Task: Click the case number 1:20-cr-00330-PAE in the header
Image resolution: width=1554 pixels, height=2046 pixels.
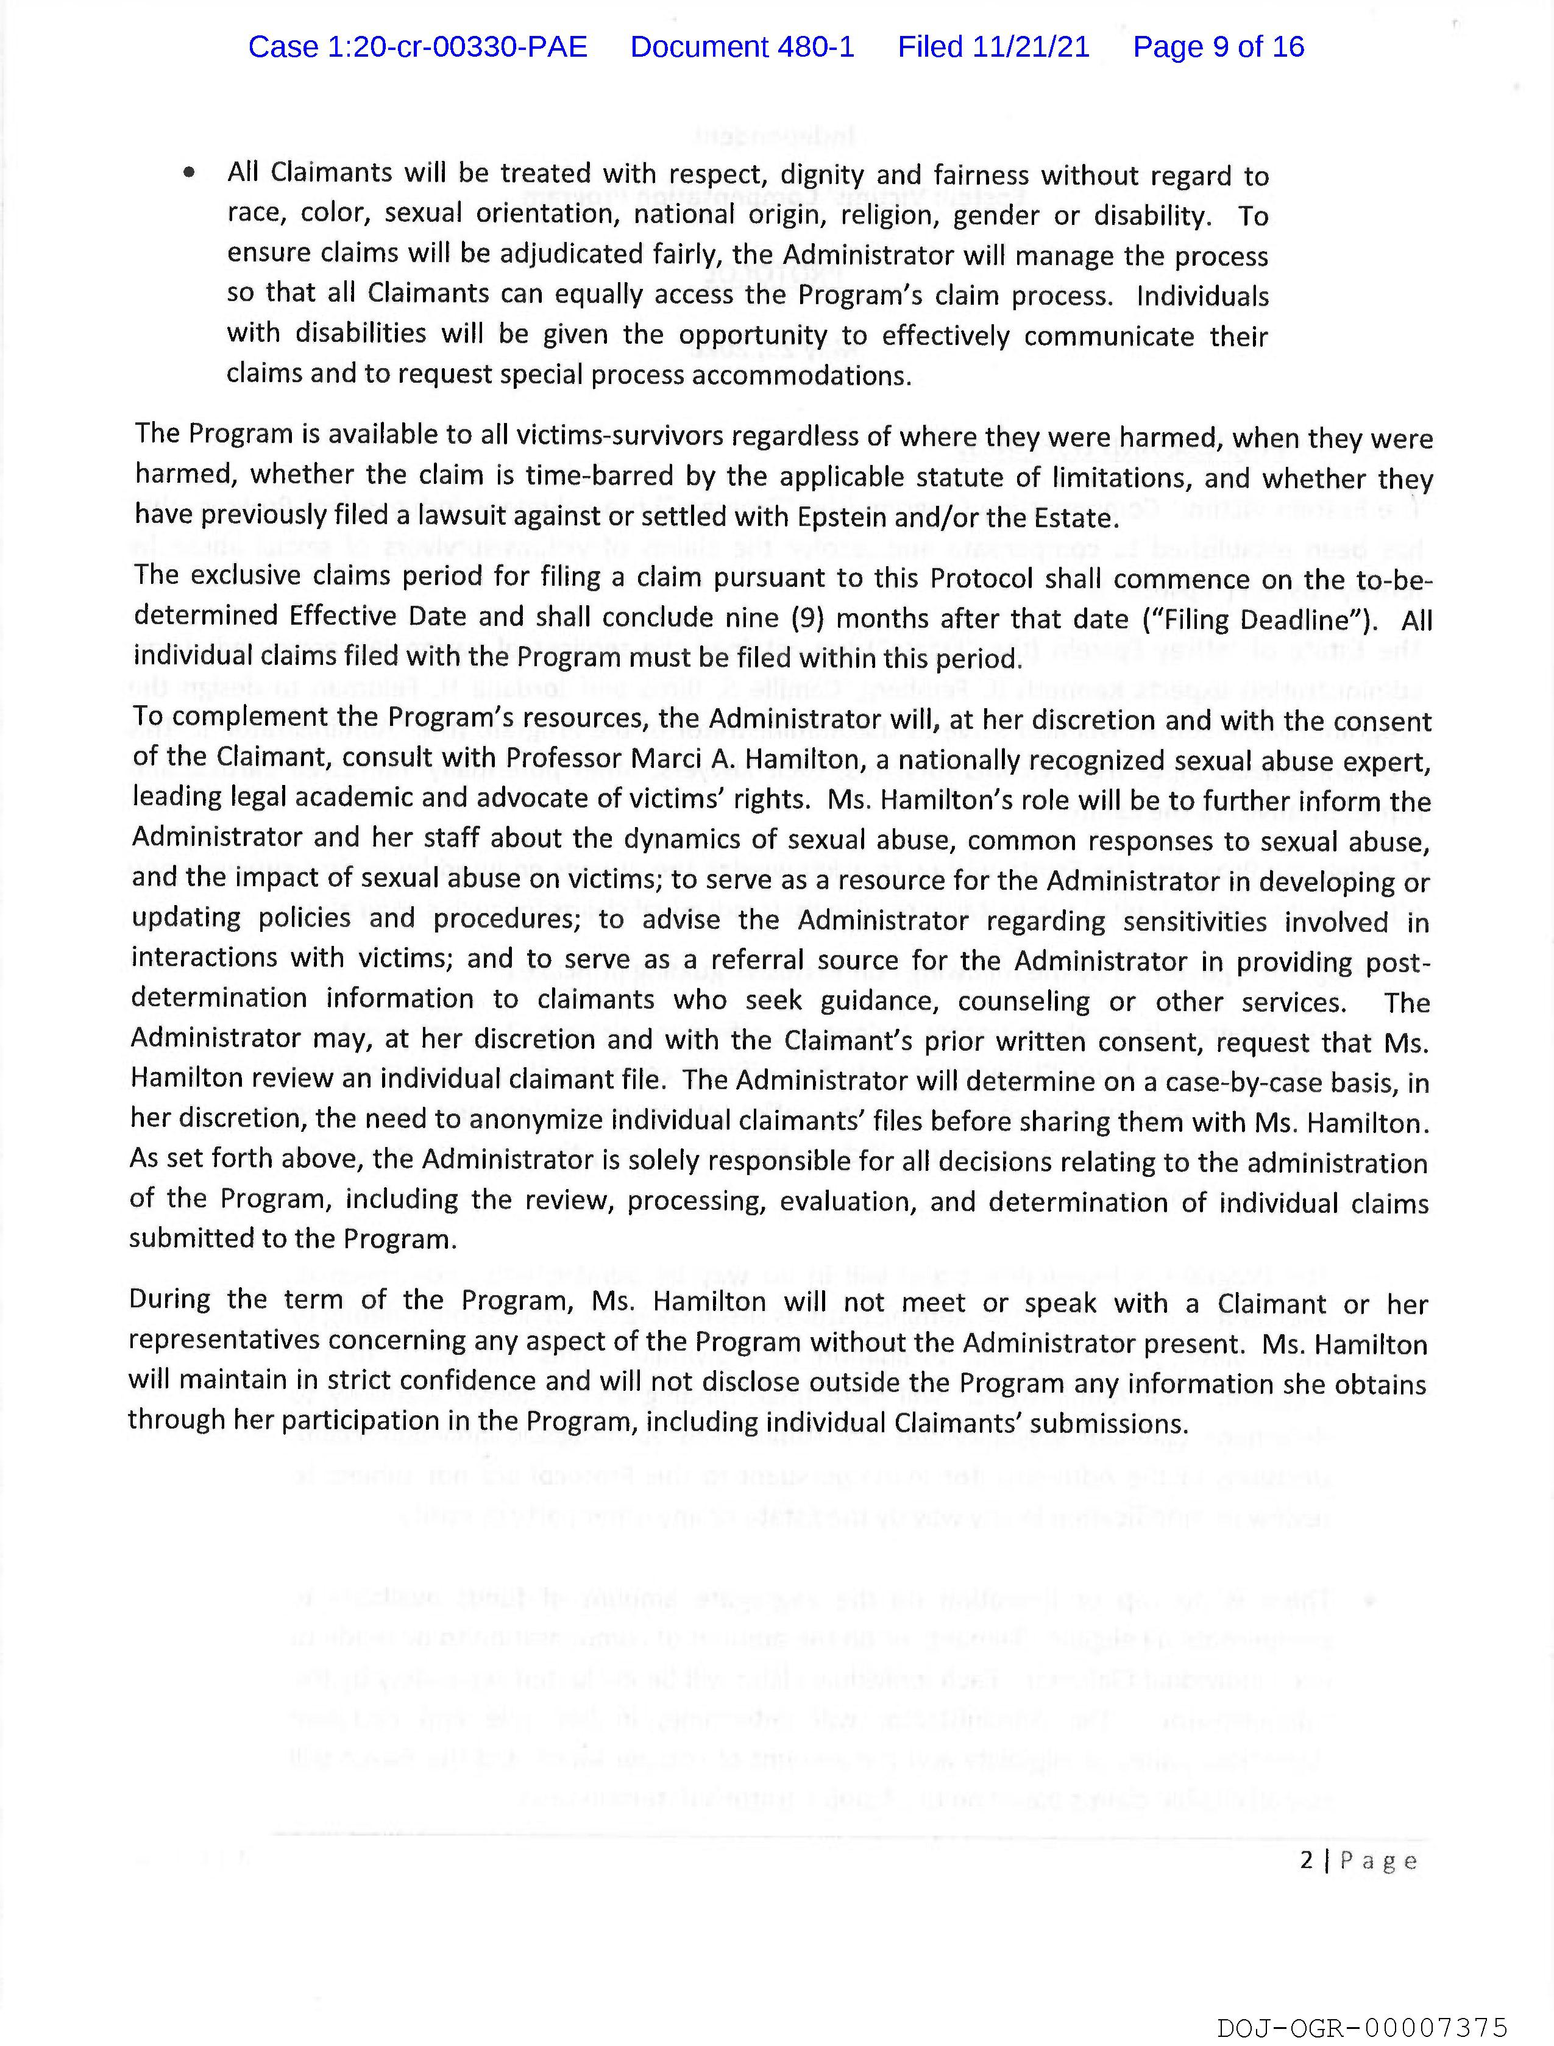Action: [x=417, y=47]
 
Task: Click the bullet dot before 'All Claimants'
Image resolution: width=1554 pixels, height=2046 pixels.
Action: [x=190, y=172]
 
